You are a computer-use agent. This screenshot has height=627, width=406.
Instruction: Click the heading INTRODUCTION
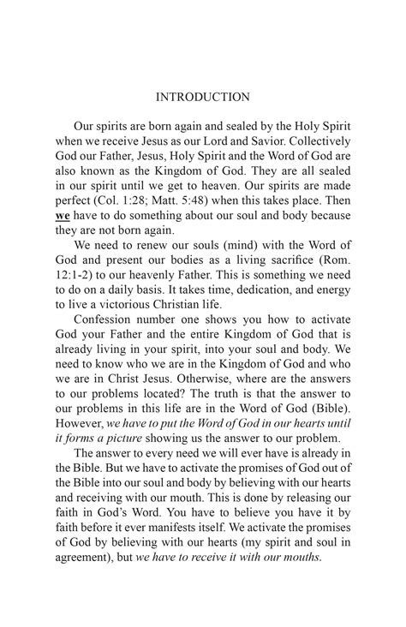(x=203, y=98)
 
